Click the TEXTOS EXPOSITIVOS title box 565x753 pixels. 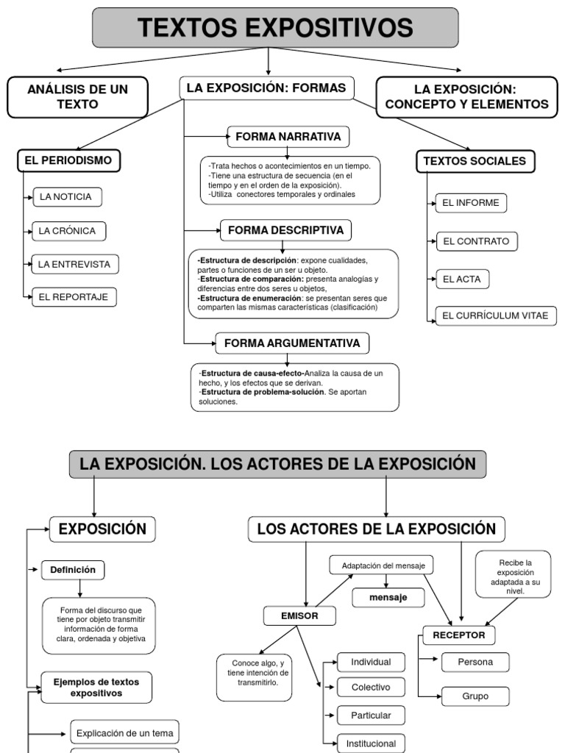(x=275, y=28)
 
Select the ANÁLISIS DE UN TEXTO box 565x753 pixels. (x=77, y=96)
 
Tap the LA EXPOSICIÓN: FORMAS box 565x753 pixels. (x=266, y=88)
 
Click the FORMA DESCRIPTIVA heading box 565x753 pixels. (x=285, y=230)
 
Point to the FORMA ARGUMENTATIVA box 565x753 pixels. (x=292, y=343)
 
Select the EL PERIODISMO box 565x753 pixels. (x=69, y=160)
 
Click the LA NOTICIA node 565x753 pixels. (x=67, y=197)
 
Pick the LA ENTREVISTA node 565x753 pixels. (x=76, y=263)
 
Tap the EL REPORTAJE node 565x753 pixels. (x=74, y=297)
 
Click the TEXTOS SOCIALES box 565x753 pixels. (x=476, y=161)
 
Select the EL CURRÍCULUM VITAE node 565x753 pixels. (x=496, y=316)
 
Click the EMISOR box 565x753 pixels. (x=299, y=616)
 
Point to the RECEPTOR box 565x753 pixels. (x=459, y=635)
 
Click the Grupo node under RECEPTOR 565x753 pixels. (x=475, y=695)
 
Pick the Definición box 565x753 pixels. (x=74, y=569)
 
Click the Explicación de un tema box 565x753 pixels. (x=125, y=732)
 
